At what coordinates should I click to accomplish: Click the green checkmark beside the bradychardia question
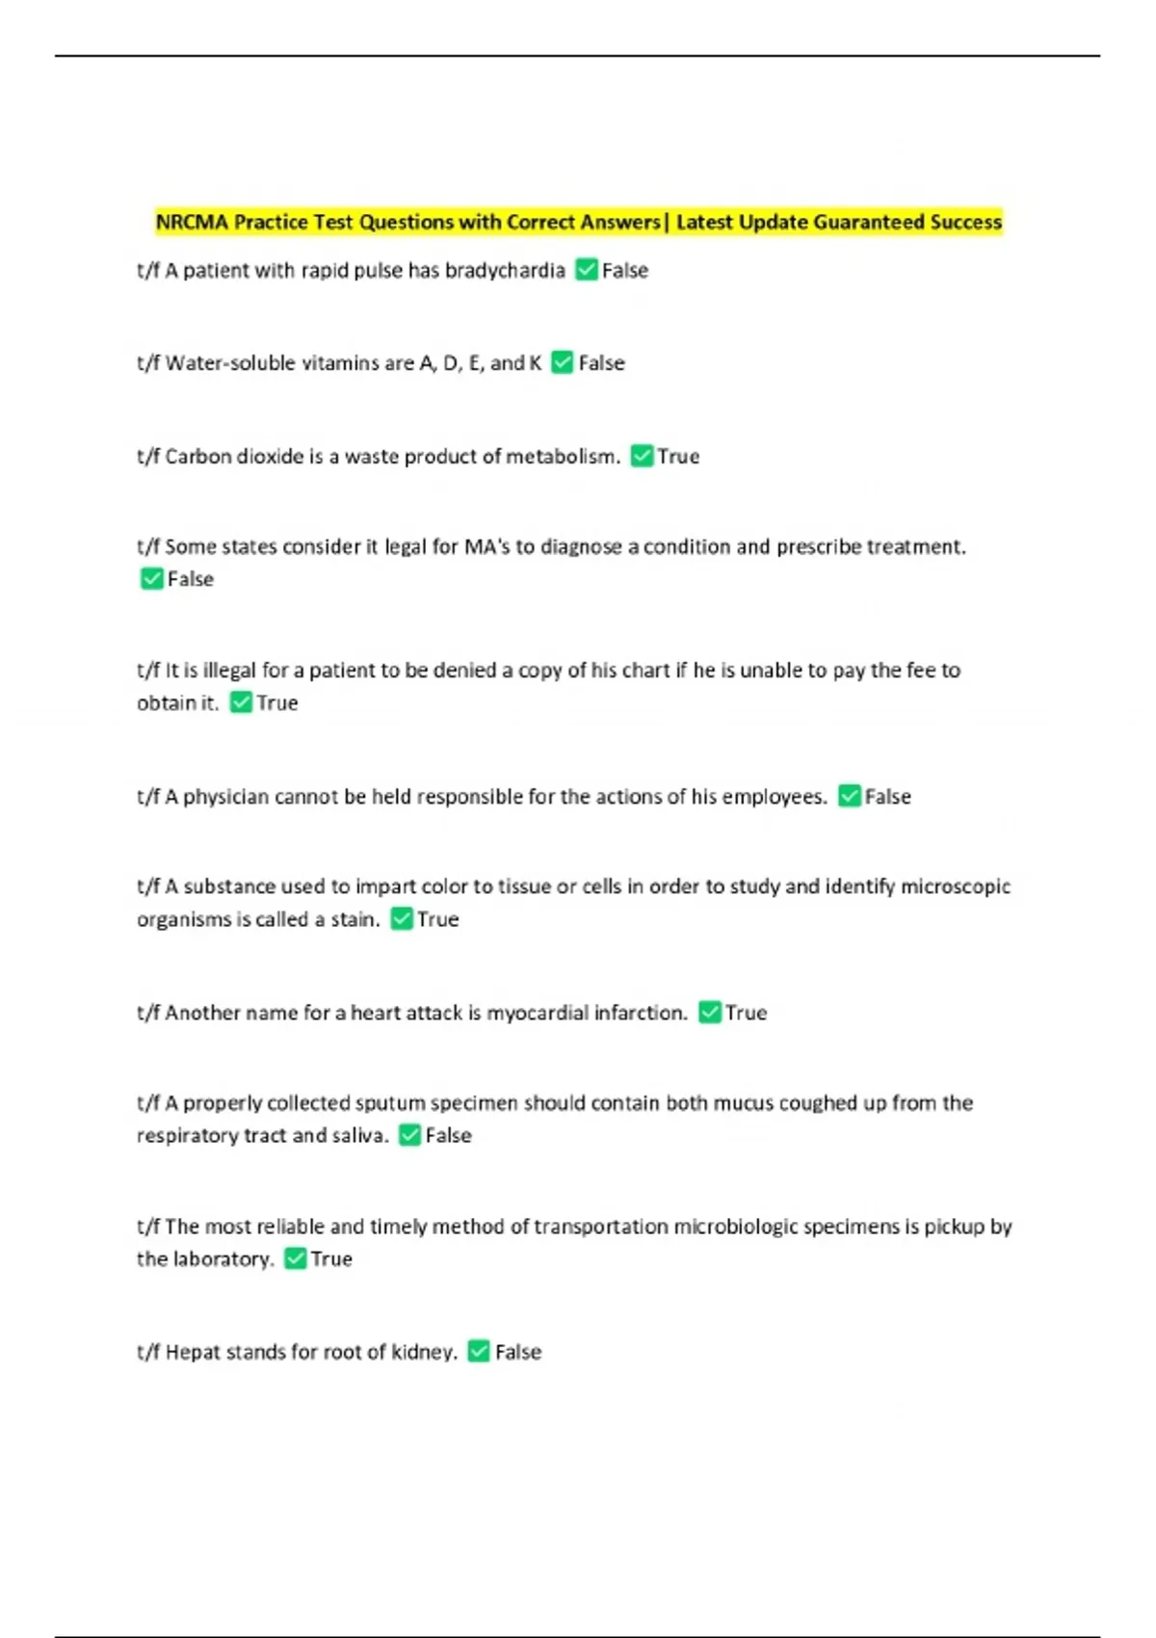(586, 270)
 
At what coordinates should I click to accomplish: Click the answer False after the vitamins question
(601, 363)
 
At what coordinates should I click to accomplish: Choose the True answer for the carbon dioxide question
(678, 457)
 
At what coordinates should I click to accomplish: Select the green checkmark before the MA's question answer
(151, 579)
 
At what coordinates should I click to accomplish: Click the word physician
(225, 797)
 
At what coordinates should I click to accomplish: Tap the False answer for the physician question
(887, 797)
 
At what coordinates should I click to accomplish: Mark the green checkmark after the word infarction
(710, 1013)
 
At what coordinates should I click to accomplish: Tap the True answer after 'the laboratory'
(331, 1259)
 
